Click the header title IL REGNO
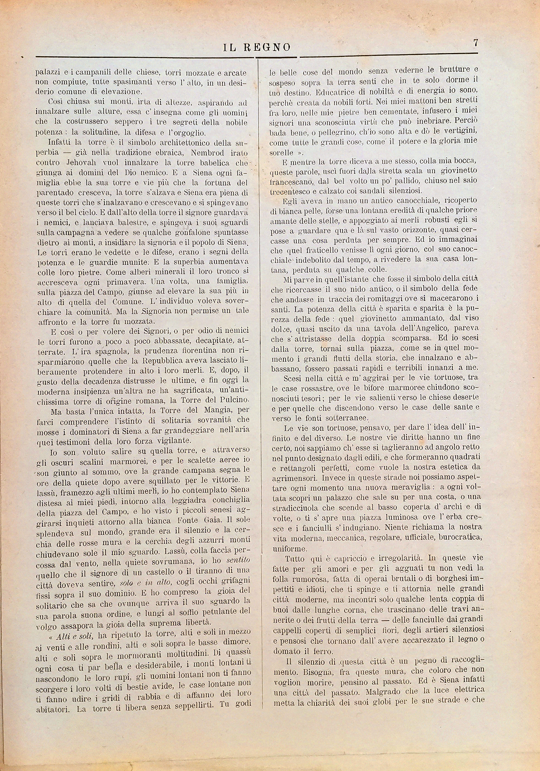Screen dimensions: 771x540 257,48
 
